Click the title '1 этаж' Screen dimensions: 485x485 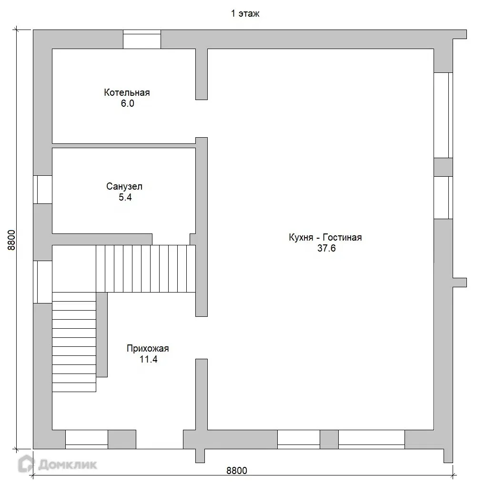click(245, 14)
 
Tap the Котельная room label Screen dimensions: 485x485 click(127, 92)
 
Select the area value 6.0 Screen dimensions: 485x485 click(127, 103)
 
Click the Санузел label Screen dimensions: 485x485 click(124, 186)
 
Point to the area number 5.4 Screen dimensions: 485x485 click(125, 197)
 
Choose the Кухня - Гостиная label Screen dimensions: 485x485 click(325, 237)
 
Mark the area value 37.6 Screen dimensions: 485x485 click(326, 248)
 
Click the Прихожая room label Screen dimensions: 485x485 click(148, 349)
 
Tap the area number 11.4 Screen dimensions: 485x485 click(149, 359)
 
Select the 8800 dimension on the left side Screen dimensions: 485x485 click(11, 240)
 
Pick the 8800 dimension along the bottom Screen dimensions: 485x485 click(237, 470)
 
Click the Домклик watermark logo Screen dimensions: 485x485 click(58, 464)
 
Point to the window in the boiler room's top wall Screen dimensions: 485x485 click(142, 39)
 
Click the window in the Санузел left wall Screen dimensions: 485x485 click(43, 190)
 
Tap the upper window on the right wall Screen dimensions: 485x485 click(443, 115)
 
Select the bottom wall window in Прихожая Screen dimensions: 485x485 click(87, 439)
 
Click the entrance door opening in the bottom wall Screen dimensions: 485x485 click(160, 439)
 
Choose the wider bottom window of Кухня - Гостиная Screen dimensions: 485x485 click(372, 439)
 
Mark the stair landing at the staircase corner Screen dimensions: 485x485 click(74, 269)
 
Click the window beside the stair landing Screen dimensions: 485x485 click(43, 282)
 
